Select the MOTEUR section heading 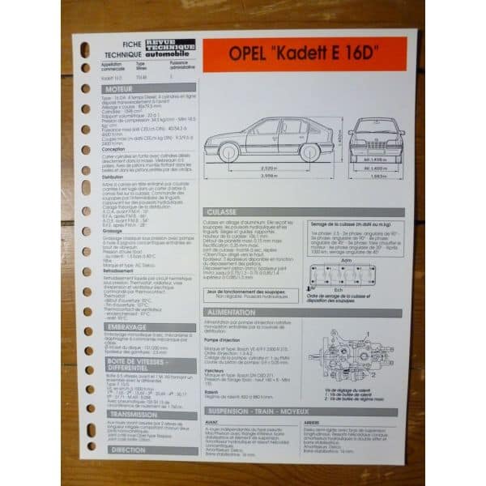[x=119, y=90]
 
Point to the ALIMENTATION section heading [x=235, y=312]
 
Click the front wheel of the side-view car [x=230, y=151]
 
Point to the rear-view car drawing [x=375, y=138]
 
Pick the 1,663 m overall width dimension [x=376, y=175]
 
